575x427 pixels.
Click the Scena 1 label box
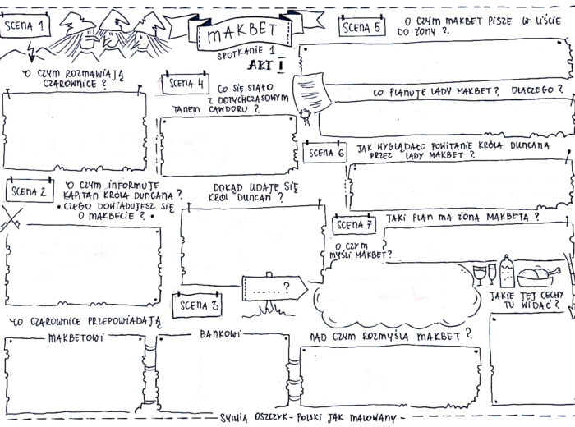tap(25, 26)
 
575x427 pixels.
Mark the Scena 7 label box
tap(355, 224)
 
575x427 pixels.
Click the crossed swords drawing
tap(11, 219)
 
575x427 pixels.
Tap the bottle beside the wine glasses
tap(506, 270)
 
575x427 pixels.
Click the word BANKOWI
tap(220, 333)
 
